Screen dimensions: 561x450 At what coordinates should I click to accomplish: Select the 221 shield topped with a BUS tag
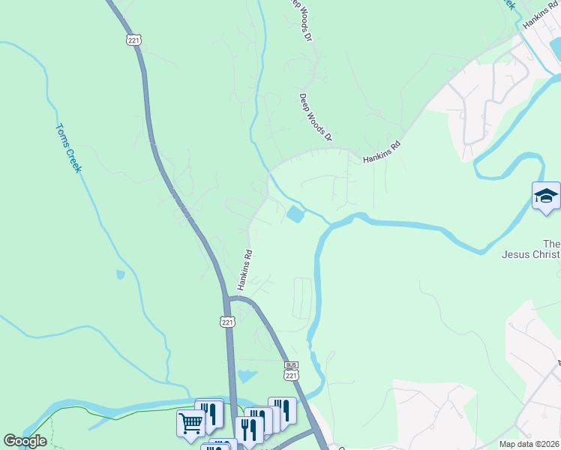point(292,372)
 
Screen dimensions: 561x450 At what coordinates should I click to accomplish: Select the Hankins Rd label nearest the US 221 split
point(244,270)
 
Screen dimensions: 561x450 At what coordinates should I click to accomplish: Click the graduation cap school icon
point(546,196)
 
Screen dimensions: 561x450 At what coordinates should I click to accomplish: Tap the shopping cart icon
point(190,423)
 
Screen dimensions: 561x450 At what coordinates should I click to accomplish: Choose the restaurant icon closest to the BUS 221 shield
point(282,410)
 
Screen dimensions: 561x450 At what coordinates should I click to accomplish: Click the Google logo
point(25,441)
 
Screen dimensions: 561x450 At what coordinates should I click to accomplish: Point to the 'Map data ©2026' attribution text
point(529,444)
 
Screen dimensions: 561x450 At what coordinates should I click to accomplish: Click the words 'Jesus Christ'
point(530,254)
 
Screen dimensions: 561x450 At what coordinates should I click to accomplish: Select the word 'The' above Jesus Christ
point(551,244)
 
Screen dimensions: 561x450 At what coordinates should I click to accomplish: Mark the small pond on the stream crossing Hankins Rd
point(295,215)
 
